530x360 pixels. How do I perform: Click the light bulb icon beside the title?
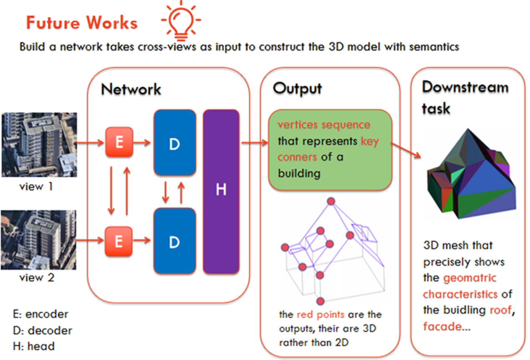coord(181,20)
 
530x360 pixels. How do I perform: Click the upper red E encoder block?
coord(119,143)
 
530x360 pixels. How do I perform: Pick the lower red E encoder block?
coord(119,241)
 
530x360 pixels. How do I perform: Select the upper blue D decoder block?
coord(174,143)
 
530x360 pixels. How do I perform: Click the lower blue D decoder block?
coord(174,241)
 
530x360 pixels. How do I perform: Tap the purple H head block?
coord(221,191)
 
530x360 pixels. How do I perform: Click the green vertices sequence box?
coord(330,149)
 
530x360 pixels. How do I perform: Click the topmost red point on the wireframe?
coord(331,201)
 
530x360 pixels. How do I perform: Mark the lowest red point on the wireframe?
coord(320,301)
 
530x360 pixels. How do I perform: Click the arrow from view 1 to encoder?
coord(90,143)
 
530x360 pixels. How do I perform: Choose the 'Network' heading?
coord(131,89)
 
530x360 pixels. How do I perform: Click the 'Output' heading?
coord(297,89)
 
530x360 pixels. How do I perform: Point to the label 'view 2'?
coord(37,277)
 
